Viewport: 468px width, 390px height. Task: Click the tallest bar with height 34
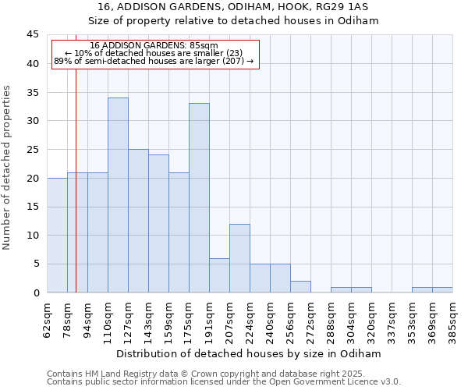click(118, 195)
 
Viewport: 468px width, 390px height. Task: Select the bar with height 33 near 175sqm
click(199, 198)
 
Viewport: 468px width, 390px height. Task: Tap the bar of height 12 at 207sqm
click(239, 258)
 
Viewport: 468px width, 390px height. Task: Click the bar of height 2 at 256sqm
click(300, 287)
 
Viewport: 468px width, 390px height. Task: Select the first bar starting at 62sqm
click(57, 235)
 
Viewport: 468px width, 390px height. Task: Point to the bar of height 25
click(138, 221)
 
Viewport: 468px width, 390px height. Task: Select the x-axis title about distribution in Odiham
click(250, 353)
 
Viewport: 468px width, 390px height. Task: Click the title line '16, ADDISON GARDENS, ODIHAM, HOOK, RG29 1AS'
click(233, 7)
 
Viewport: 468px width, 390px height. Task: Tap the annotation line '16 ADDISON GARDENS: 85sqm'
click(154, 46)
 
